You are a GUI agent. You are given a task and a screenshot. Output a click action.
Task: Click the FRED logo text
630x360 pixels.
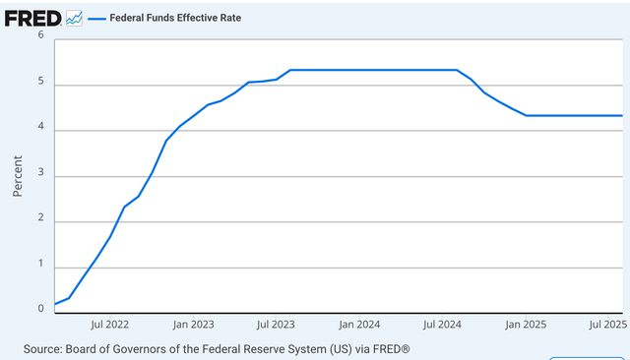[x=31, y=18]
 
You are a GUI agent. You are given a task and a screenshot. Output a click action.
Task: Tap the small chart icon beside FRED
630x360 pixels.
[x=75, y=18]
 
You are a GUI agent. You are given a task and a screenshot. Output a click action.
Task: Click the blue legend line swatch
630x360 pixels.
[x=98, y=18]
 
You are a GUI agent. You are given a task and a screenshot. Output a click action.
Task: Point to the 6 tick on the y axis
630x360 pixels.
[x=41, y=35]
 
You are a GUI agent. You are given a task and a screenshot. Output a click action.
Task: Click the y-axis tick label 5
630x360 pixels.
[x=41, y=85]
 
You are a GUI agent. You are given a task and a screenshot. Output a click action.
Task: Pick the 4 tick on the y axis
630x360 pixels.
[x=41, y=130]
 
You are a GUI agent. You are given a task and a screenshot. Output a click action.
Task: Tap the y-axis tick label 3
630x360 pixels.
[x=41, y=176]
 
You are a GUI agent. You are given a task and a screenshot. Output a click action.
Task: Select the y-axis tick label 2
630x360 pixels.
[x=41, y=221]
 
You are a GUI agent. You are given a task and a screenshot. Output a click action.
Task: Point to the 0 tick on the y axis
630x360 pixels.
[x=41, y=309]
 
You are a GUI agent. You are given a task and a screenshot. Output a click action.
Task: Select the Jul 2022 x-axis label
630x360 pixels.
[x=110, y=323]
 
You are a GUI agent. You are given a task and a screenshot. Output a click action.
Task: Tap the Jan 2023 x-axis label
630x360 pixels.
[x=194, y=323]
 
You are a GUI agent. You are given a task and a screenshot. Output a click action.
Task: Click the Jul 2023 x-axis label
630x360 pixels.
[x=278, y=323]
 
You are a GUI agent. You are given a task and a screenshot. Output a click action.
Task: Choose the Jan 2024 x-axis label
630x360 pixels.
[x=360, y=323]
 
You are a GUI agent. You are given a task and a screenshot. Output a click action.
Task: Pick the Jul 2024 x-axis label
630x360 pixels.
[x=444, y=323]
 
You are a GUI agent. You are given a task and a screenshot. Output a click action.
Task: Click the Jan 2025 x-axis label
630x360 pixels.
[x=527, y=323]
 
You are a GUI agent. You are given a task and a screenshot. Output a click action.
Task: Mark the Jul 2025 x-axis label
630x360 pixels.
[x=607, y=323]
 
